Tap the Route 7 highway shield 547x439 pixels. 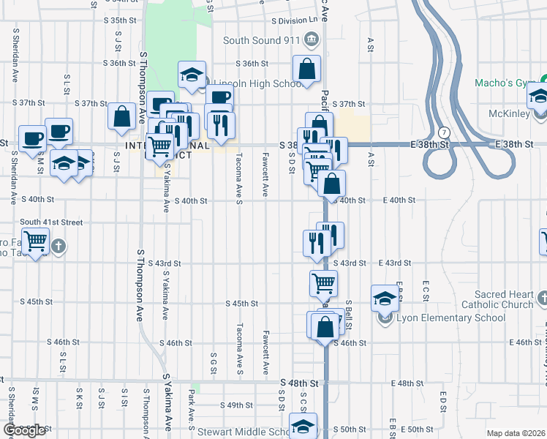[x=444, y=131]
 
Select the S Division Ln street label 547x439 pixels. [x=295, y=21]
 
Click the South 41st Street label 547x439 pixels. [x=51, y=222]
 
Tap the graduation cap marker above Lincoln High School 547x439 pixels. [x=192, y=75]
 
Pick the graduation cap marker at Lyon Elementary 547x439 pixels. [x=384, y=299]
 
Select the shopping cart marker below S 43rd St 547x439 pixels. [x=322, y=282]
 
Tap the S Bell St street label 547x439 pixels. [x=349, y=313]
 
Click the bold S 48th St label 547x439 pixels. [x=300, y=383]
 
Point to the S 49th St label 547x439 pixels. [x=239, y=405]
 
